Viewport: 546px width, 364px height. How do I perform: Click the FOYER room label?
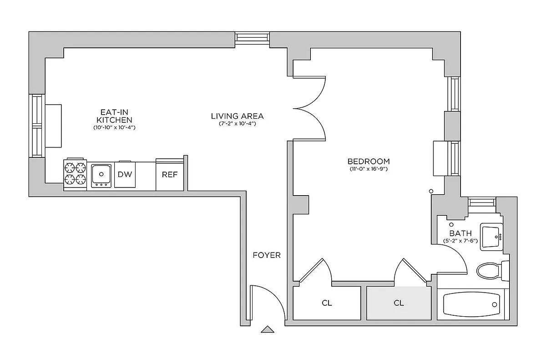click(x=267, y=255)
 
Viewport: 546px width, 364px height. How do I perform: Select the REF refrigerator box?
click(x=170, y=175)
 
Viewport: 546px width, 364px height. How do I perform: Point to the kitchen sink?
click(x=101, y=173)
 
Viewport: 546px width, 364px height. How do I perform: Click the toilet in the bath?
click(x=490, y=271)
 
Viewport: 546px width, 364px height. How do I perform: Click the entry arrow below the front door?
click(x=268, y=329)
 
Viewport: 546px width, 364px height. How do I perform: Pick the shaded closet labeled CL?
click(x=399, y=303)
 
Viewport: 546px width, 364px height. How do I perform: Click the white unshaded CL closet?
click(x=327, y=303)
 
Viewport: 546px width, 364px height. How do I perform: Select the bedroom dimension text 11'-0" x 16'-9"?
click(x=369, y=170)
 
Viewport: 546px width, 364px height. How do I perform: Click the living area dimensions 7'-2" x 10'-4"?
click(x=237, y=124)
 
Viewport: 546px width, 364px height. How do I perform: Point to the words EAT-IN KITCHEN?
click(x=114, y=116)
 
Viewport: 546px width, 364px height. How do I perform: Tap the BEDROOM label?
click(x=369, y=161)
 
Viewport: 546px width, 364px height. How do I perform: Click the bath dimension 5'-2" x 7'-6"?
click(x=460, y=241)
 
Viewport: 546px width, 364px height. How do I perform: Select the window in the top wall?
click(x=252, y=39)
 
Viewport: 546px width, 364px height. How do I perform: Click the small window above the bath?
click(x=481, y=202)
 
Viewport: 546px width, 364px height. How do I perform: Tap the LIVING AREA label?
click(x=237, y=116)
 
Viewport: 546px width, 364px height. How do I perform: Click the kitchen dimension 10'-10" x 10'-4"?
click(x=114, y=128)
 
